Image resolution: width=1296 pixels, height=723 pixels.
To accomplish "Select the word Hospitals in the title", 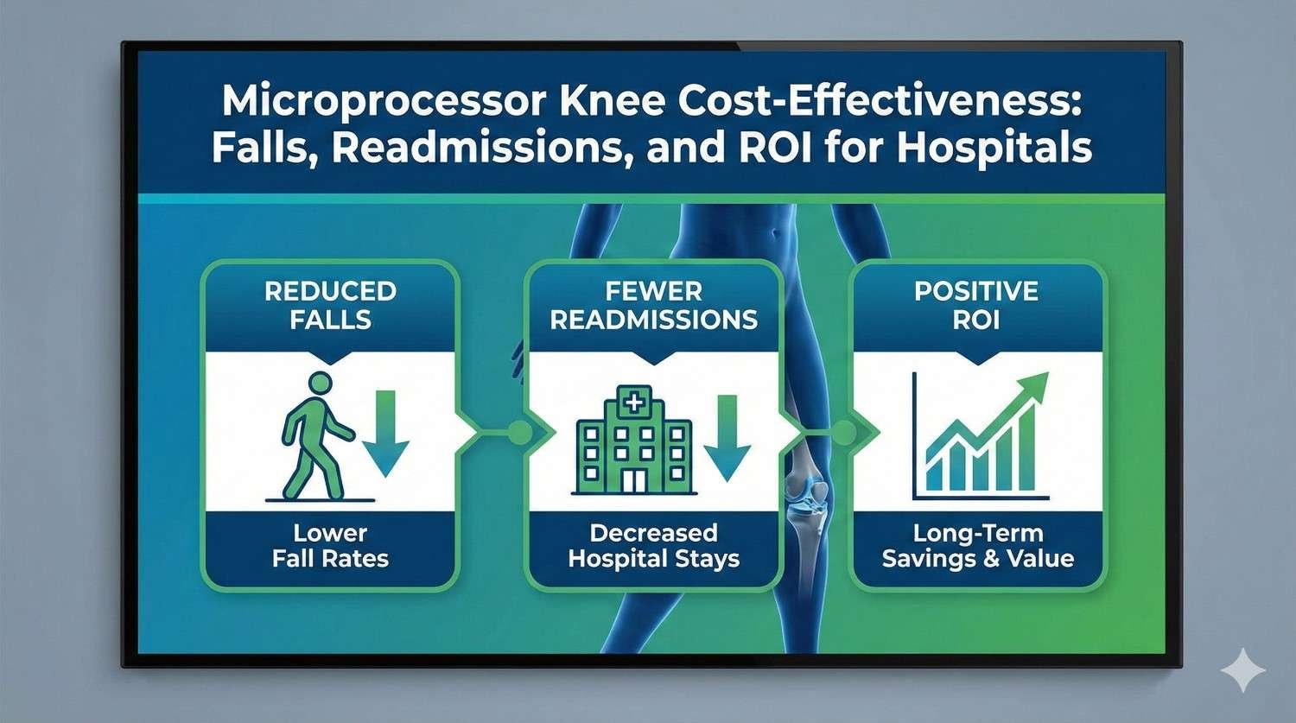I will [994, 148].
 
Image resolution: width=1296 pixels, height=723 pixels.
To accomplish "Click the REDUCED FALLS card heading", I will [330, 305].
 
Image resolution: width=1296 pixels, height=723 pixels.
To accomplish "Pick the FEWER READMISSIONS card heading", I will [654, 305].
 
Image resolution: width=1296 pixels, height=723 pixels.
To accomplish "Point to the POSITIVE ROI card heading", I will [976, 305].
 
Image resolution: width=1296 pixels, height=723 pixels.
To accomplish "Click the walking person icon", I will [316, 435].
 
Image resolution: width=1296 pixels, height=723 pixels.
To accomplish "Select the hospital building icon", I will [634, 441].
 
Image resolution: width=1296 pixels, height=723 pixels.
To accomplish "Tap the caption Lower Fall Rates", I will [330, 546].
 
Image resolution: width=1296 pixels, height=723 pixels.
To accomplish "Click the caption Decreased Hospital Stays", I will [654, 546].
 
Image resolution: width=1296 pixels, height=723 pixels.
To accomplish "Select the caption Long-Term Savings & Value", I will [977, 546].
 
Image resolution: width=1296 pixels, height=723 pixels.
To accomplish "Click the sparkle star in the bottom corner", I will [1242, 670].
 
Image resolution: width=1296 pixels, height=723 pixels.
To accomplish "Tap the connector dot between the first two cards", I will [518, 433].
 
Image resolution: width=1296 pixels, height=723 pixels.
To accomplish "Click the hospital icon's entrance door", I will [634, 480].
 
